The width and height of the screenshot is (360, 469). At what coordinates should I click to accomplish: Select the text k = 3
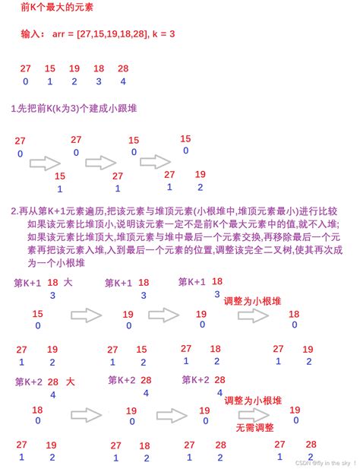point(161,34)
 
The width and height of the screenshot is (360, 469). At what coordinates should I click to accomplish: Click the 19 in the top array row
point(74,69)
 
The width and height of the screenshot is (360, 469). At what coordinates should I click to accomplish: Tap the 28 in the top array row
point(123,69)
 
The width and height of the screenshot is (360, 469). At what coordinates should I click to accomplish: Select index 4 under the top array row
point(123,81)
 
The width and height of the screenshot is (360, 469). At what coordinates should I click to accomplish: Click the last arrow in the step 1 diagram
point(155,161)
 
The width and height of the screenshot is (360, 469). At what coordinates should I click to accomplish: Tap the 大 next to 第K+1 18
point(69,282)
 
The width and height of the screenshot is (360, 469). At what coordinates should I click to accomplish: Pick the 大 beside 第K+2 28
point(71,381)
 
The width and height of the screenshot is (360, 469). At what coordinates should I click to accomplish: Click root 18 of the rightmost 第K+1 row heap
point(294,314)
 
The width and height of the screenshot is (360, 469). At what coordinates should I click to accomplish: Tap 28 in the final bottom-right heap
point(311,444)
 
